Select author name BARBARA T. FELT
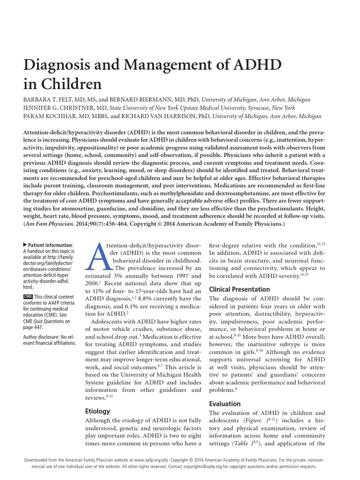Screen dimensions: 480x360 [51, 100]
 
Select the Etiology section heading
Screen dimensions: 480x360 [97, 411]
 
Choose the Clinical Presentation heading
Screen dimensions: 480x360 [239, 290]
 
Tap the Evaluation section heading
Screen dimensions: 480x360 [225, 404]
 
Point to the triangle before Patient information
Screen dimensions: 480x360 [25, 245]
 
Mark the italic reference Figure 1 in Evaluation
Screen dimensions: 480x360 [253, 421]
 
